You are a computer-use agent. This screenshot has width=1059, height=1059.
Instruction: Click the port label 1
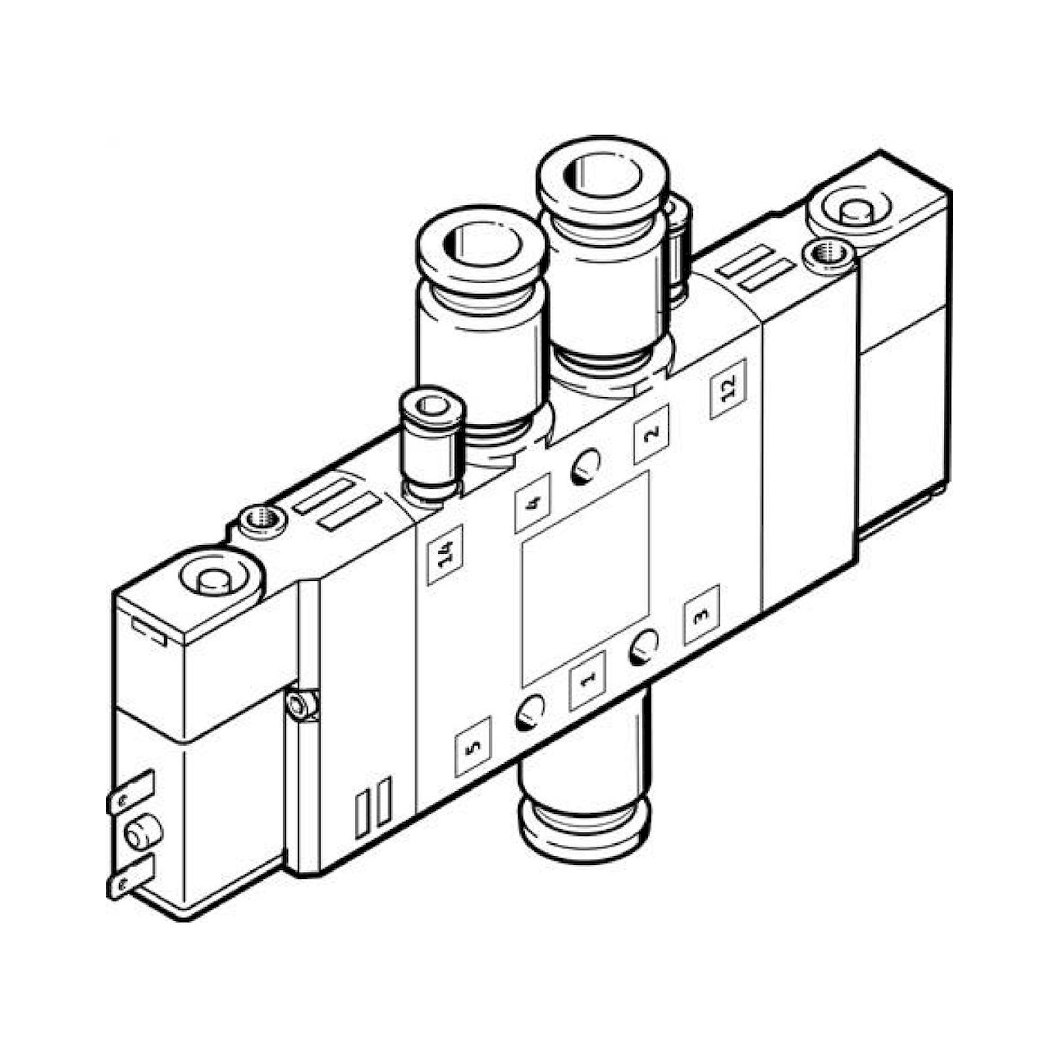[x=587, y=680]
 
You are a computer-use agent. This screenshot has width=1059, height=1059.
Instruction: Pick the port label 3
[x=701, y=614]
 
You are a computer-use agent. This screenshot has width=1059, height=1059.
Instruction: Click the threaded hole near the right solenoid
[x=828, y=255]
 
